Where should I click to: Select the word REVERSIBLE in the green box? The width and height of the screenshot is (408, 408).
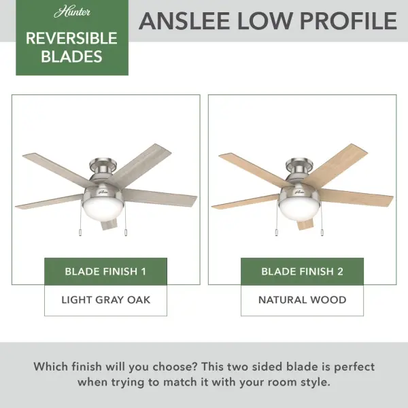(x=71, y=38)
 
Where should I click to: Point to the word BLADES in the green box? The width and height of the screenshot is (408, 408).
(x=71, y=56)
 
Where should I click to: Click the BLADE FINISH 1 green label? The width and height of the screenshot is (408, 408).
(x=105, y=271)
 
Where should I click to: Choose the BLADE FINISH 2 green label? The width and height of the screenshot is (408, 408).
(x=302, y=271)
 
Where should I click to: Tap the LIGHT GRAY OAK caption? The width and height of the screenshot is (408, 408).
(x=105, y=299)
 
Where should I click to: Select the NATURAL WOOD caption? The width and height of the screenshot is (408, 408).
(x=302, y=299)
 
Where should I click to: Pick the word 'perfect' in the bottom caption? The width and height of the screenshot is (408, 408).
(x=352, y=367)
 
